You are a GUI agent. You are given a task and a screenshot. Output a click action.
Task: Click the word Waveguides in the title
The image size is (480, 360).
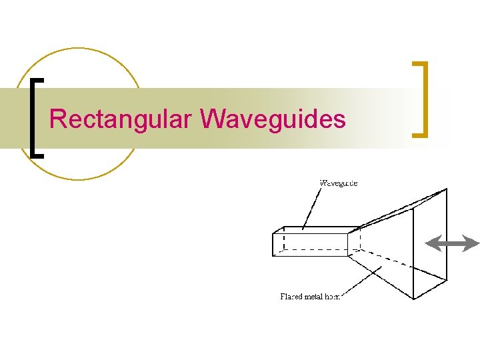point(273,119)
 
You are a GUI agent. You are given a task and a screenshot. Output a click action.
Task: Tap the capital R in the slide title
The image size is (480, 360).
point(57,119)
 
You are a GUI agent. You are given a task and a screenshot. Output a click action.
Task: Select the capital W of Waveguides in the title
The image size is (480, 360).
point(211,119)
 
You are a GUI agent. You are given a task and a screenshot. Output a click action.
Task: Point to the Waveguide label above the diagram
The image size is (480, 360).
point(339,183)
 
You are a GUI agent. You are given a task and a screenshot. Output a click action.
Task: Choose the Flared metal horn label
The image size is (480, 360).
point(310,297)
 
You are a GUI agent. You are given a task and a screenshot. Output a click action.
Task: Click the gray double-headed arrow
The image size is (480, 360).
point(452,243)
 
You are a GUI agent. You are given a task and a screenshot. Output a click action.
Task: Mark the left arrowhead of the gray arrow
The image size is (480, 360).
point(432,243)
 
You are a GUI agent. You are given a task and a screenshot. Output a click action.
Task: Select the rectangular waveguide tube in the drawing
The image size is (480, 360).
point(313,241)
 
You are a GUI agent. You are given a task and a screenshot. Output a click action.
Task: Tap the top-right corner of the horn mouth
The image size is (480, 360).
point(446,189)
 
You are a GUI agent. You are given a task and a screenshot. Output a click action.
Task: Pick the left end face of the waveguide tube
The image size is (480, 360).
point(278,244)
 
